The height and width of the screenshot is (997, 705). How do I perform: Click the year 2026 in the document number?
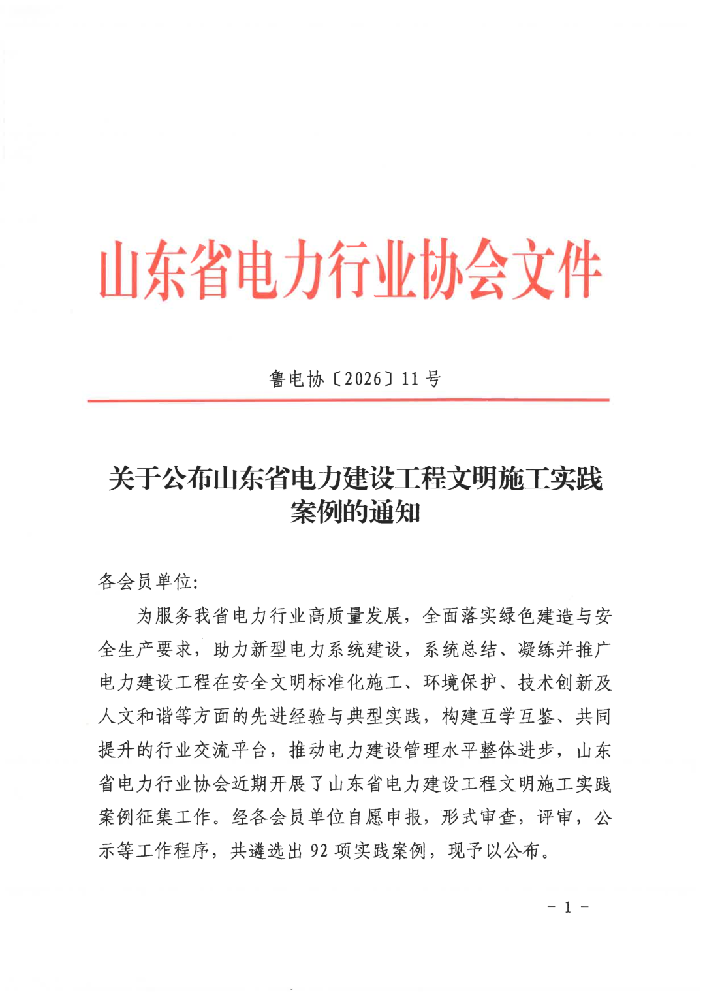click(362, 379)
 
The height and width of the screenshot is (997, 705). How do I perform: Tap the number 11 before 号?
click(410, 379)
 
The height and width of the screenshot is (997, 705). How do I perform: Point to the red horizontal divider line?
click(349, 400)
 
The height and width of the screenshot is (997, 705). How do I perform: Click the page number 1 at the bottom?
click(567, 907)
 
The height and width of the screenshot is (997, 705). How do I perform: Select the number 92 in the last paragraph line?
click(319, 851)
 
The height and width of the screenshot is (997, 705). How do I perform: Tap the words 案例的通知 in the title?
click(355, 513)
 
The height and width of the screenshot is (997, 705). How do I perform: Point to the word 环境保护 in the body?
click(460, 683)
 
